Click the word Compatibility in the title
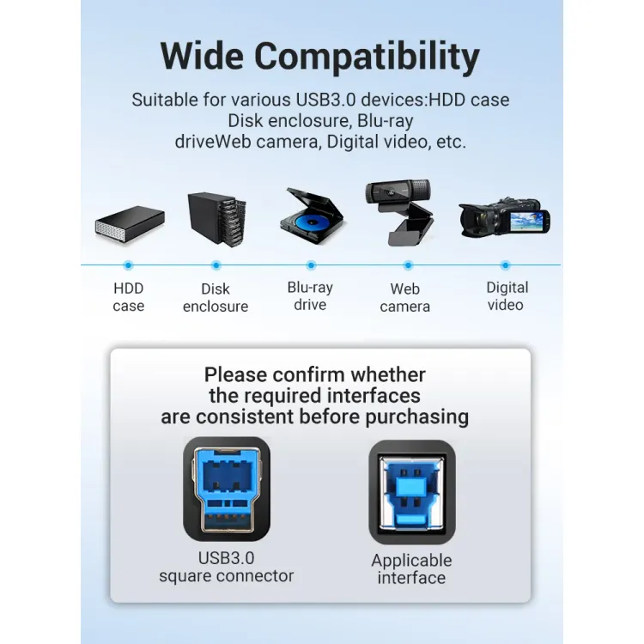[x=367, y=58]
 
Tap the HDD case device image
[x=130, y=225]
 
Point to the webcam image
[x=400, y=211]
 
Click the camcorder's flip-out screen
[x=529, y=222]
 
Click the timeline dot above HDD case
[x=128, y=265]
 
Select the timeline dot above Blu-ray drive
[x=311, y=265]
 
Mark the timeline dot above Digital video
[x=505, y=265]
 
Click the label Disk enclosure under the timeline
[x=216, y=297]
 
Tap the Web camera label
[x=405, y=297]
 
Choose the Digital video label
[x=507, y=296]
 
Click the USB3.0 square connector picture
[x=227, y=489]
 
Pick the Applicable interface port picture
[x=412, y=492]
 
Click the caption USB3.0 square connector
[x=227, y=567]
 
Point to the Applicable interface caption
[x=411, y=568]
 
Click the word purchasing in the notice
[x=416, y=417]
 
